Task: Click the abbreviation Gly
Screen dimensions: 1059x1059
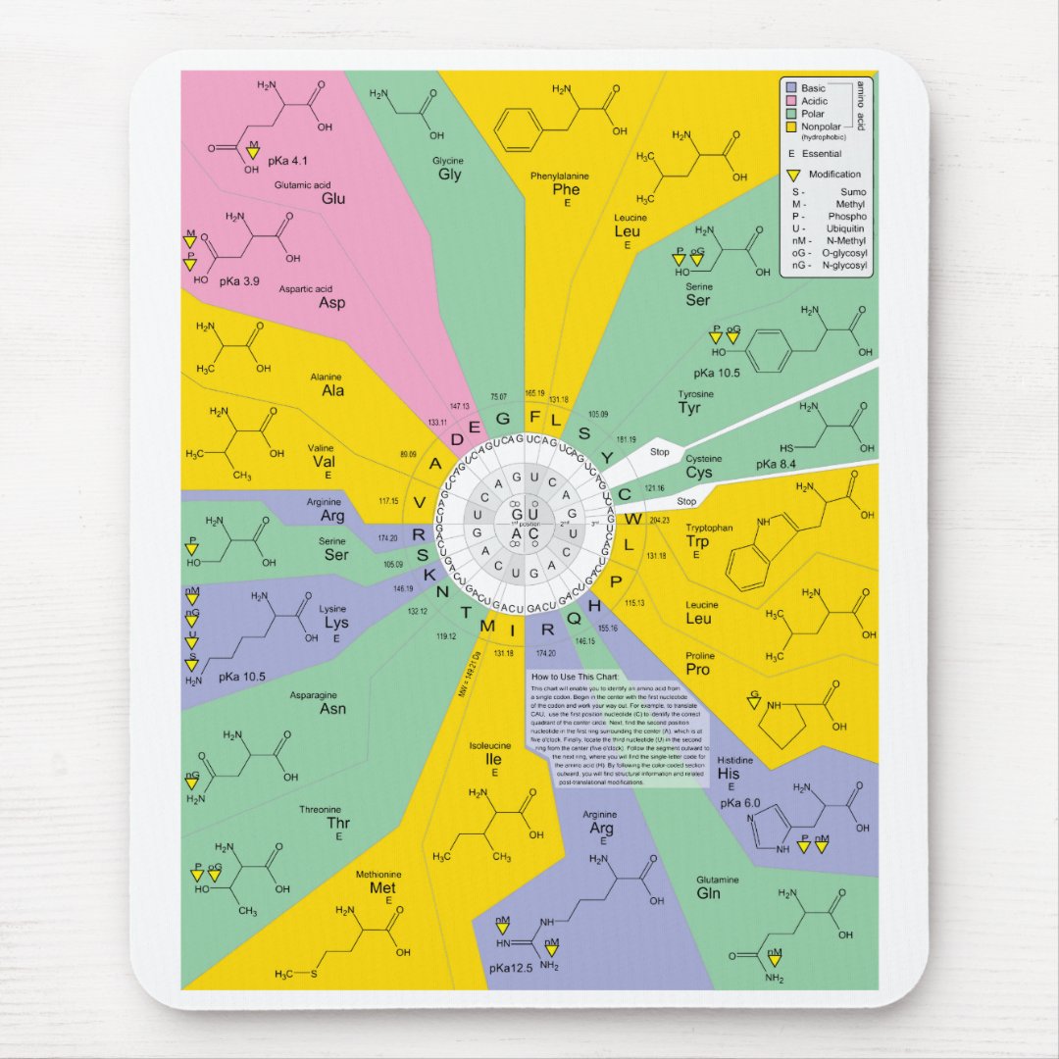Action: coord(450,175)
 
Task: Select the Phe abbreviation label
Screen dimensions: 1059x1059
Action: coord(566,189)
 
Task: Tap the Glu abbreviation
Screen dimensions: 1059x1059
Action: coord(333,198)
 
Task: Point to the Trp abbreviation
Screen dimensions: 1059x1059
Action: coord(697,541)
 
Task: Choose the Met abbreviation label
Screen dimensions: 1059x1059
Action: coord(382,887)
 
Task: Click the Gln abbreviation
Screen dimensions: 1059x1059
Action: coord(708,893)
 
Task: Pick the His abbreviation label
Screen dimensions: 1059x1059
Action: coord(729,774)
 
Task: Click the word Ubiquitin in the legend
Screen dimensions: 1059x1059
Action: coord(845,228)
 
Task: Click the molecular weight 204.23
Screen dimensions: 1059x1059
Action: coord(659,520)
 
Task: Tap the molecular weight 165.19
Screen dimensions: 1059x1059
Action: coord(534,393)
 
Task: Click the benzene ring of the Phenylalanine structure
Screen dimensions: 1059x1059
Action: coord(520,128)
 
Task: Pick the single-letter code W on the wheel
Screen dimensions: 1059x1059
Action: coord(635,517)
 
